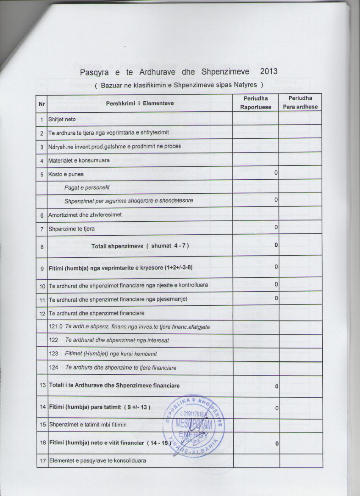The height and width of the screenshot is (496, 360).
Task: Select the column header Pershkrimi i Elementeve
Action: (140, 103)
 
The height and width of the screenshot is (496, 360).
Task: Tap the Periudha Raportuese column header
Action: (255, 103)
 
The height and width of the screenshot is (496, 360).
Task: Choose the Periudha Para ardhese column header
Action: (300, 103)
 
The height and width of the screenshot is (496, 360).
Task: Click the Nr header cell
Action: (42, 103)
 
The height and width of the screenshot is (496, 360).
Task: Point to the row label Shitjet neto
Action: (62, 120)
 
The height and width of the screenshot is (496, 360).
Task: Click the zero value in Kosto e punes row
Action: (276, 173)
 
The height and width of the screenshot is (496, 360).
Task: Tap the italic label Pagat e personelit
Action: (87, 187)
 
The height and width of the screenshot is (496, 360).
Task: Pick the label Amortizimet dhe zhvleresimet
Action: (85, 215)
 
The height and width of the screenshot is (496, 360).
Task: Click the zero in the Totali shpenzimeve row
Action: (276, 245)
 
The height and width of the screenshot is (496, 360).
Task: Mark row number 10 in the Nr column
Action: (42, 285)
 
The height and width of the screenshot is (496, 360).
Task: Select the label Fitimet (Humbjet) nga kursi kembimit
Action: (111, 354)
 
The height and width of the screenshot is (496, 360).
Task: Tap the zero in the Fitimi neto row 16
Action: (276, 443)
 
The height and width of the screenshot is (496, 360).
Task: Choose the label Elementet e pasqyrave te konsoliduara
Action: (98, 460)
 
